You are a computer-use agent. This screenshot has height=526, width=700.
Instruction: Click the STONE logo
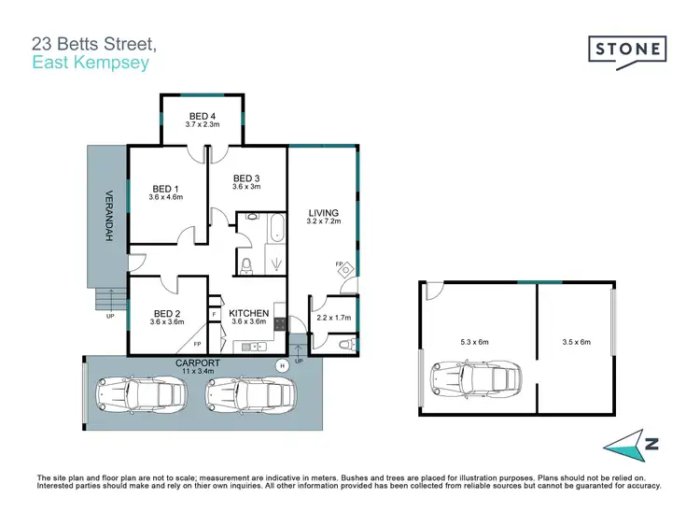[627, 49]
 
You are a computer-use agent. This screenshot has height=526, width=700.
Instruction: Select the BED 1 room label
[166, 188]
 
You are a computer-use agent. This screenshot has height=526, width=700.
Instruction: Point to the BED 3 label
[246, 178]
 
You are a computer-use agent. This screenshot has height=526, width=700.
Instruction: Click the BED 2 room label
[166, 313]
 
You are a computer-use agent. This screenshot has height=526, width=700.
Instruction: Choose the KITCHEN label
[249, 313]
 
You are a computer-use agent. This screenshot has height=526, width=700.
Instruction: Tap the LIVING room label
[323, 213]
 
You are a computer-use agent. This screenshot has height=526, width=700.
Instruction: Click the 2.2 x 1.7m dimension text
[334, 318]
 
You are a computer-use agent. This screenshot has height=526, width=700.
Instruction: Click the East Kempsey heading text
[90, 64]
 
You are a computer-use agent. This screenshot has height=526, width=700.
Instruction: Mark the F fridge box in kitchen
[214, 314]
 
